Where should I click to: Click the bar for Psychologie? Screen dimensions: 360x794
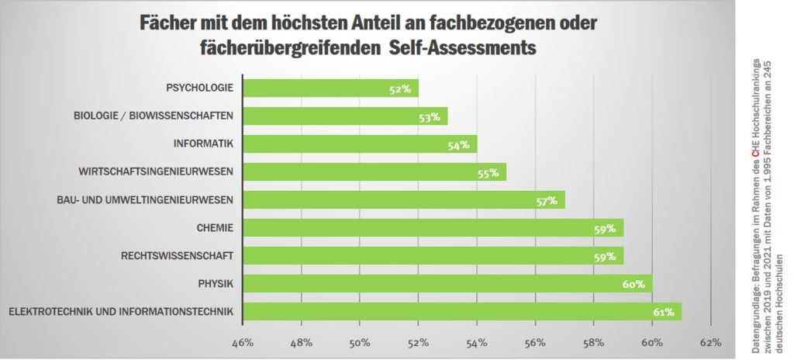point(331,88)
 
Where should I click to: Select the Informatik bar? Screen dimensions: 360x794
point(360,144)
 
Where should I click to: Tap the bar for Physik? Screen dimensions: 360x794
point(447,284)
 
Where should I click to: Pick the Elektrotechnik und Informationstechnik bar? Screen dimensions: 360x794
point(462,312)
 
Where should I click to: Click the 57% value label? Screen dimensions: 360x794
point(547,201)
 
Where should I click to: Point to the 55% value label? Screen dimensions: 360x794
point(488,173)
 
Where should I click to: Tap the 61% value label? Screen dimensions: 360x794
point(663,313)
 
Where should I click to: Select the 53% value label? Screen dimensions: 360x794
point(430,117)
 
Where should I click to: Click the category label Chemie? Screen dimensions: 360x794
point(216,228)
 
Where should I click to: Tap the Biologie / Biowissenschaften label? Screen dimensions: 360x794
point(154,116)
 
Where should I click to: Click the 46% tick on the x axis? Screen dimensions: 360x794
point(243,341)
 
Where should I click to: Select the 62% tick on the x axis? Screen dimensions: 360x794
point(710,341)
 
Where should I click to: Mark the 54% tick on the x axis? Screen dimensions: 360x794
point(477,341)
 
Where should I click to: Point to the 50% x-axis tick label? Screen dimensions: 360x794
point(360,341)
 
